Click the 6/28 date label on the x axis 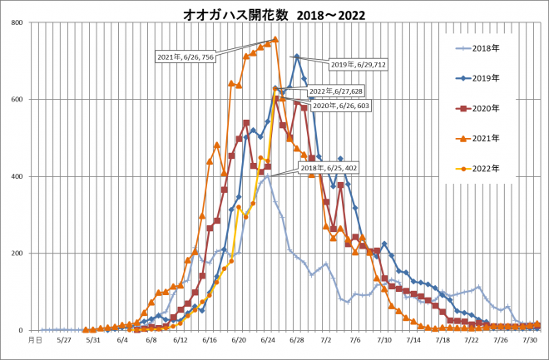pos(297,339)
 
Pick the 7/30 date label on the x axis pos(527,339)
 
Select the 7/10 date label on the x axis pos(384,339)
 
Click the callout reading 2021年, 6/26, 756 pos(185,57)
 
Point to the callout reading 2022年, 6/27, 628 pos(334,91)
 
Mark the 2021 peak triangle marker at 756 pos(275,39)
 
